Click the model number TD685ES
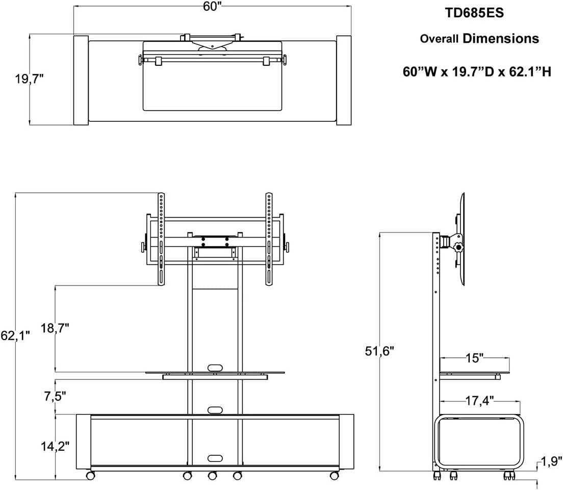pyautogui.click(x=475, y=13)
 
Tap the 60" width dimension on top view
pyautogui.click(x=213, y=7)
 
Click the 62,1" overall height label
pyautogui.click(x=16, y=336)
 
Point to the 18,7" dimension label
pyautogui.click(x=55, y=328)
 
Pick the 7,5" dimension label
pyautogui.click(x=55, y=396)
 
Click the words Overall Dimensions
pyautogui.click(x=479, y=39)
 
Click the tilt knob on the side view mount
pyautogui.click(x=459, y=247)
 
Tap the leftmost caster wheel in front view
pyautogui.click(x=90, y=475)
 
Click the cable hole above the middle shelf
pyautogui.click(x=215, y=367)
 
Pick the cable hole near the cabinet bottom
pyautogui.click(x=215, y=457)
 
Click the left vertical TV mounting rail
pyautogui.click(x=161, y=240)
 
